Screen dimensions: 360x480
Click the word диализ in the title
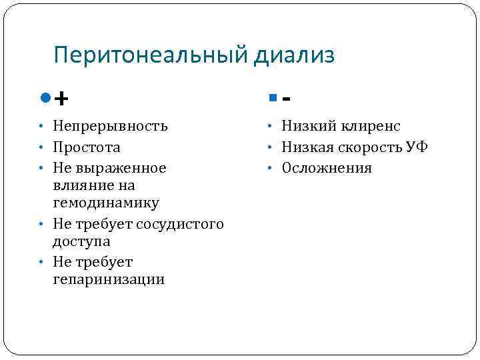[294, 55]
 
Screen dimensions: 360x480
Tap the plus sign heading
[61, 99]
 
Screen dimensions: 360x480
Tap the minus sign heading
[286, 99]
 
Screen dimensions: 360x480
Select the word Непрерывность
[110, 126]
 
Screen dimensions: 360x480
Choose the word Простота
[87, 147]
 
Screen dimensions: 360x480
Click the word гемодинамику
[105, 202]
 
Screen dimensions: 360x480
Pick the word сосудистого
[180, 224]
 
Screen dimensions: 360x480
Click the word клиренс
[371, 126]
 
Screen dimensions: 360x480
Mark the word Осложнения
[327, 168]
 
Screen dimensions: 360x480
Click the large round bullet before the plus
[45, 98]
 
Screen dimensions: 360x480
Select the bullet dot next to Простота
[41, 147]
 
